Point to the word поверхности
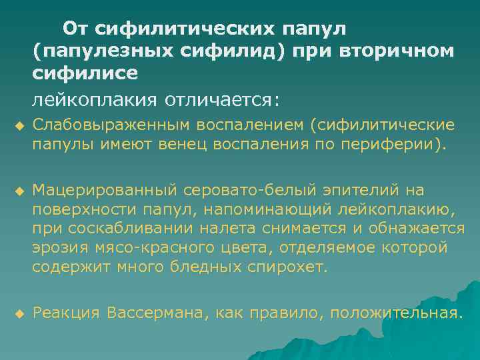pyautogui.click(x=85, y=211)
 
